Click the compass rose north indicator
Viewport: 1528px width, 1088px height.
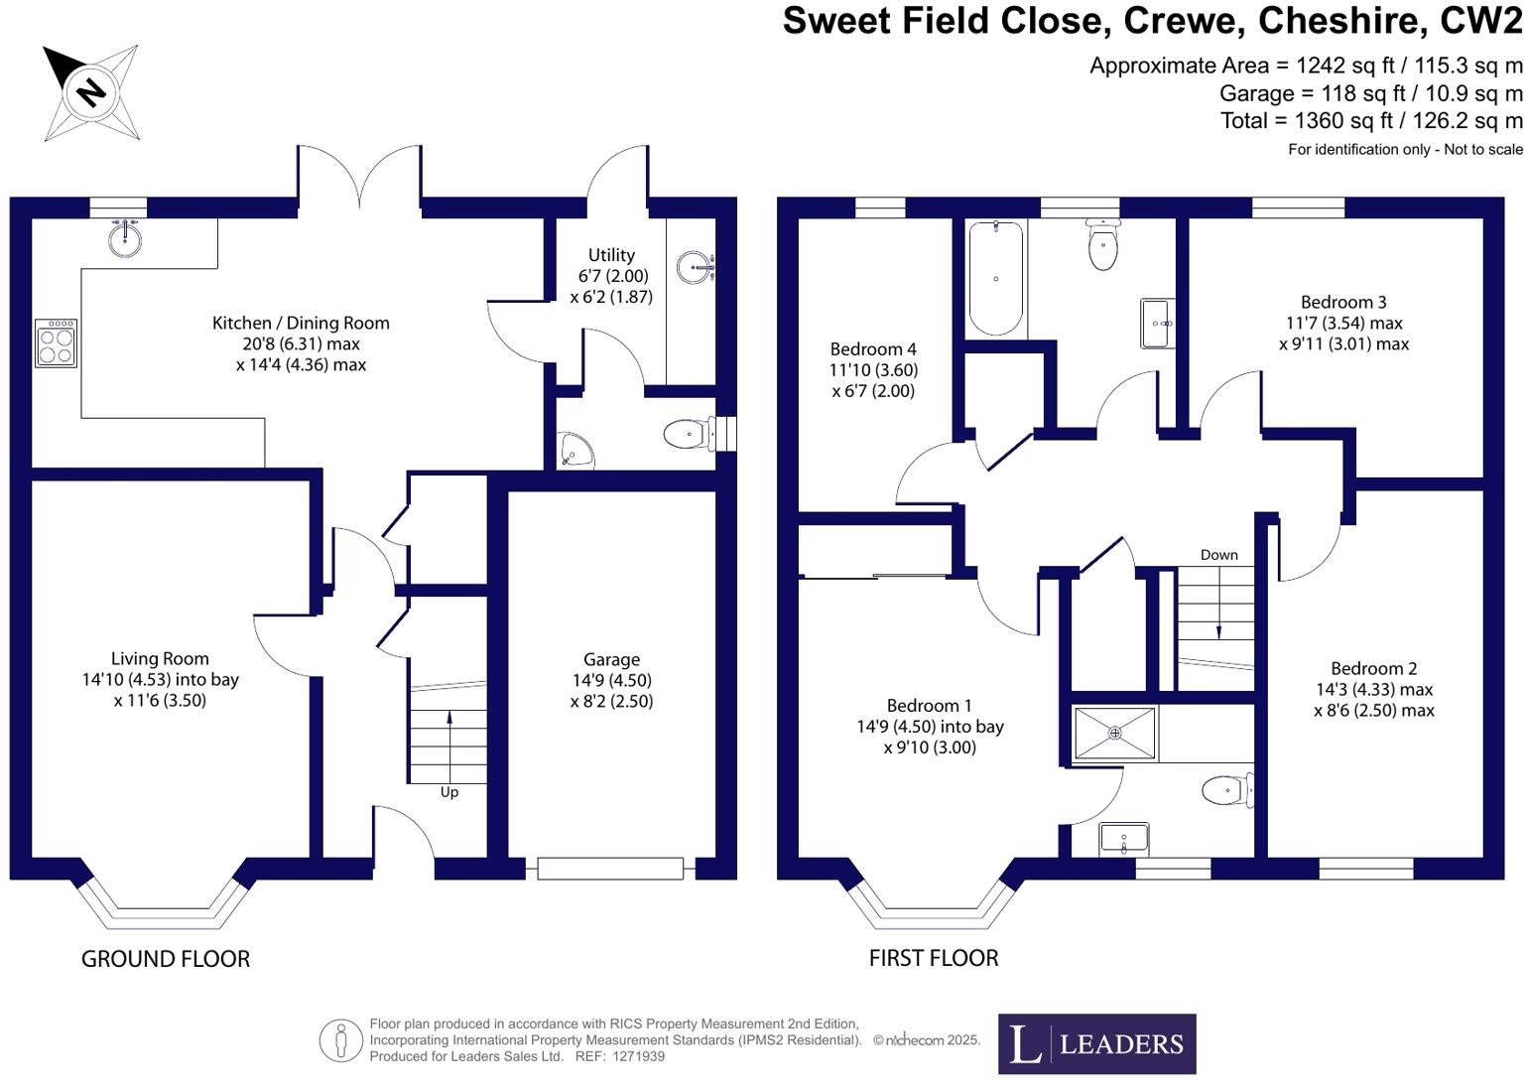point(90,92)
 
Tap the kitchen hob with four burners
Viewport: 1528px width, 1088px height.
point(56,342)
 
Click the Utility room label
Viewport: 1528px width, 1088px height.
point(611,255)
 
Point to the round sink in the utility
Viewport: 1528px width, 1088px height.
point(696,266)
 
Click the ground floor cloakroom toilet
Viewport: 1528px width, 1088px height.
point(687,434)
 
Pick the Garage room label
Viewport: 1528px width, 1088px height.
point(611,659)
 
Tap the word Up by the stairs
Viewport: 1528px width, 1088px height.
point(449,792)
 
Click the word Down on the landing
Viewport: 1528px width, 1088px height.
point(1218,555)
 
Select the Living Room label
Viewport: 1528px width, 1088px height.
point(160,658)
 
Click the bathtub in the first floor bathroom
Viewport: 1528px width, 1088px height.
point(995,279)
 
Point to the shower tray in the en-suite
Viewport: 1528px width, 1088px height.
point(1115,734)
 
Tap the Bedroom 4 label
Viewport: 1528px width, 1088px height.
point(873,349)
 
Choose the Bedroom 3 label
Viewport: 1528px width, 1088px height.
point(1343,302)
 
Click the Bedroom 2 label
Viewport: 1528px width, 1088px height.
point(1373,669)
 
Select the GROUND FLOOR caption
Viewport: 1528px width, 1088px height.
point(166,959)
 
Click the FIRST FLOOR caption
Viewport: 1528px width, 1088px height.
point(934,958)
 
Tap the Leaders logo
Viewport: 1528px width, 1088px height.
point(1096,1043)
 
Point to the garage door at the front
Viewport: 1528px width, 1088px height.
point(610,869)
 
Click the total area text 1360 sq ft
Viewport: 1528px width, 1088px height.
point(1371,121)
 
